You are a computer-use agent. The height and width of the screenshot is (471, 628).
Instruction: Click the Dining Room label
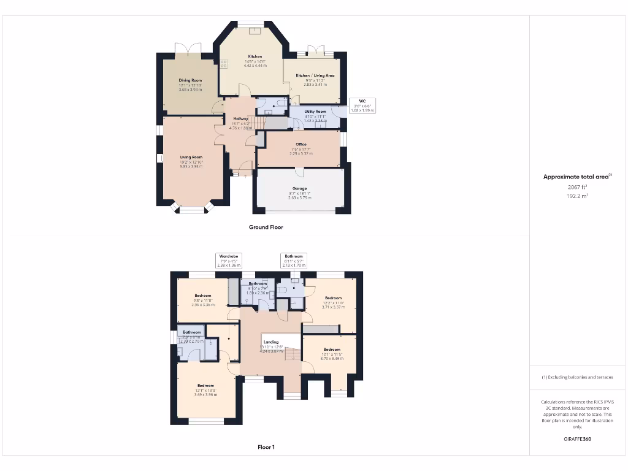(190, 80)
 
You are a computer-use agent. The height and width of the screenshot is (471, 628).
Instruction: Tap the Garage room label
(299, 189)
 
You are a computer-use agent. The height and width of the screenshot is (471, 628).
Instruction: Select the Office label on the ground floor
(301, 145)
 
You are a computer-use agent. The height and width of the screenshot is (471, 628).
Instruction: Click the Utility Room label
(316, 112)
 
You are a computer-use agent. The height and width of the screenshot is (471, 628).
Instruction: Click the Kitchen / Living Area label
(315, 75)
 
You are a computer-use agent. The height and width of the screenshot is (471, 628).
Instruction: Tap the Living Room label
(191, 157)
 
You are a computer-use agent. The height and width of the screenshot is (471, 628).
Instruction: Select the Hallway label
(240, 118)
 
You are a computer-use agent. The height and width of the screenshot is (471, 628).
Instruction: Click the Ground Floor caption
(266, 227)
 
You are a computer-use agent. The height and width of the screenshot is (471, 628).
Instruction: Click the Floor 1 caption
(266, 447)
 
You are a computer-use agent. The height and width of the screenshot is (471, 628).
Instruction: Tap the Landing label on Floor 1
(270, 342)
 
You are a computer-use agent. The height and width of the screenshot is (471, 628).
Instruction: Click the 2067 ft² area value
(576, 186)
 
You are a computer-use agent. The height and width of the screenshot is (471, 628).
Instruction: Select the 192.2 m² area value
(576, 196)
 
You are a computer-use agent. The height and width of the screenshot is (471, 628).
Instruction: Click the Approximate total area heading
(576, 177)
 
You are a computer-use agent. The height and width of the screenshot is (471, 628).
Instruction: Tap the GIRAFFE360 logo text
(576, 439)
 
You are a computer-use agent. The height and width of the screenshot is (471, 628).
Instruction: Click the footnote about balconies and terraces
(576, 377)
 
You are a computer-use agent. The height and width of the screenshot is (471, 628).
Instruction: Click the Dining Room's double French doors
(183, 49)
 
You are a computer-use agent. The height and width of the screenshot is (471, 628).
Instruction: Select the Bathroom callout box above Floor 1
(293, 260)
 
